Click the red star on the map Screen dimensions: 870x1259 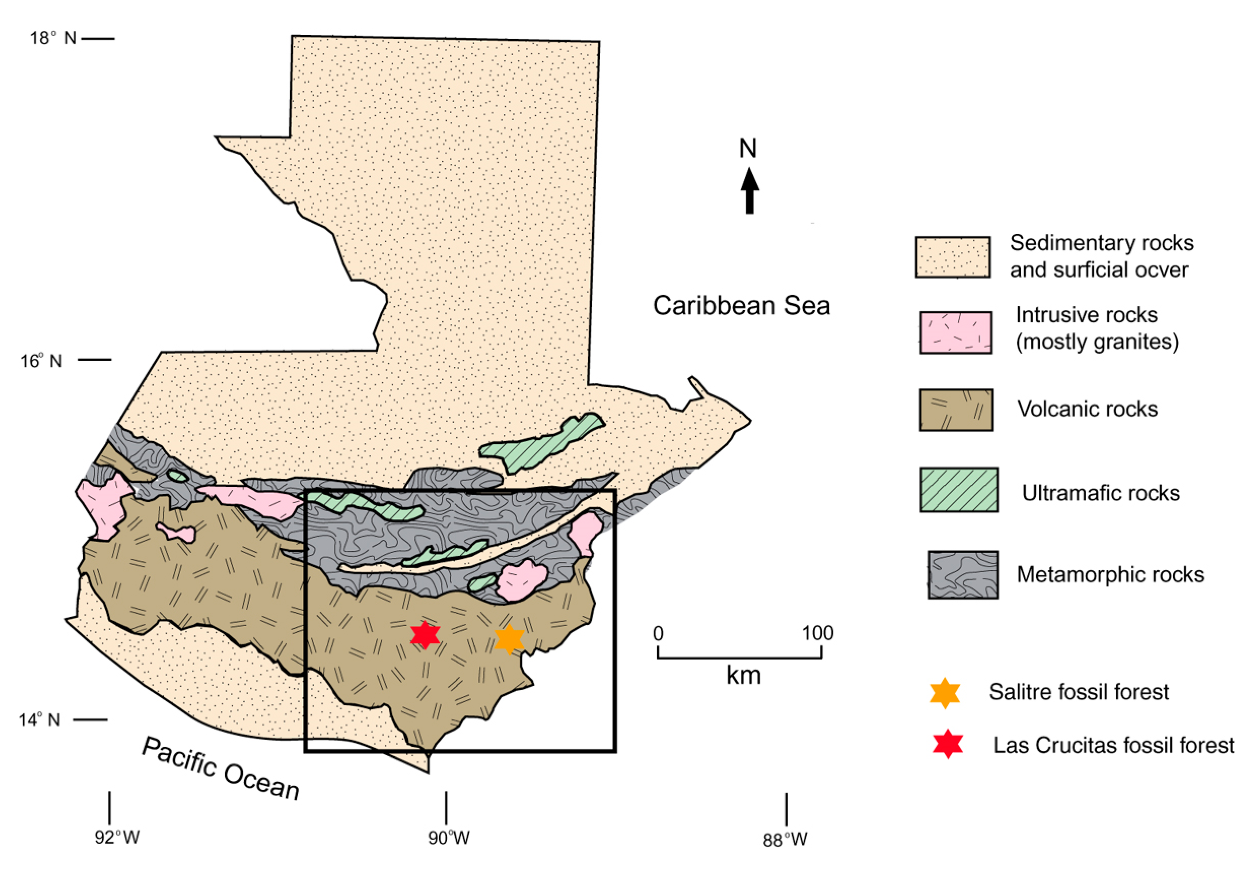(x=425, y=634)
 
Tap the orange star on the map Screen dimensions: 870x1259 (x=509, y=639)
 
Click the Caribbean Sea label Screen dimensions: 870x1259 (x=742, y=306)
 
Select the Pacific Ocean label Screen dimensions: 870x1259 (x=221, y=768)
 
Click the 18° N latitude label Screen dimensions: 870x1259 (x=53, y=38)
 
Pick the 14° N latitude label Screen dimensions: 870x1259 (x=39, y=720)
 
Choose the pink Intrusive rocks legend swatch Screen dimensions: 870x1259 (x=955, y=332)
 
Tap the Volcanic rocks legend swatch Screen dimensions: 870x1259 (x=955, y=410)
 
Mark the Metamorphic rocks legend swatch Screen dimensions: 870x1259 (x=963, y=574)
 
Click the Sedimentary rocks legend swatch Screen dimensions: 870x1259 (x=952, y=257)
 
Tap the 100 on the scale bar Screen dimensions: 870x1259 (x=817, y=633)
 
